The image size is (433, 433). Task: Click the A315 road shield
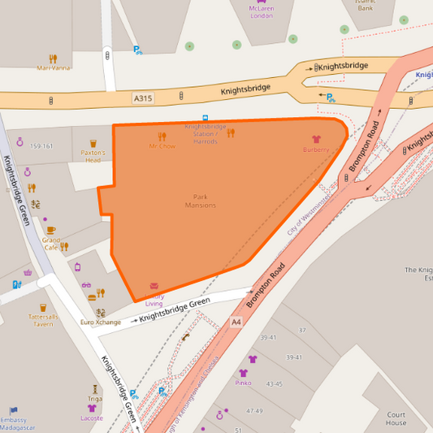(144, 97)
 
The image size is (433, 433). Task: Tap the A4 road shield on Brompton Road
(236, 323)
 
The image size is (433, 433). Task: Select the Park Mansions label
(200, 201)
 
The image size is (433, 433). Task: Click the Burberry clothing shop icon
(316, 139)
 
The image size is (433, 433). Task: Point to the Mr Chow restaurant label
(162, 146)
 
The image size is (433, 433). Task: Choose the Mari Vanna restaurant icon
(53, 58)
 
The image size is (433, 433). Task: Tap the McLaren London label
(262, 12)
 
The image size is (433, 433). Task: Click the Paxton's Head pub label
(93, 156)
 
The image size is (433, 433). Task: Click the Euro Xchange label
(101, 323)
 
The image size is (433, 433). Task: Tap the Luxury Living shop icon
(154, 287)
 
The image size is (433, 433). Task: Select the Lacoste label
(92, 418)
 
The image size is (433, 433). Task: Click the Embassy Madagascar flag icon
(12, 410)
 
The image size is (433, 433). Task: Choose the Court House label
(396, 418)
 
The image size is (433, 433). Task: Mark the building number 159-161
(41, 146)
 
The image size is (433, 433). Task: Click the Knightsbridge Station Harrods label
(205, 134)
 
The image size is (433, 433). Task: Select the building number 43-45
(275, 383)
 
